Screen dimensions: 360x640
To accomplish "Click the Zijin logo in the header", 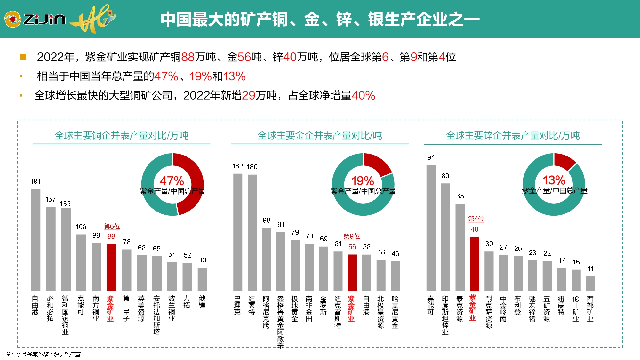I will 35,19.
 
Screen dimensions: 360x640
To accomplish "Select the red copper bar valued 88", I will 111,267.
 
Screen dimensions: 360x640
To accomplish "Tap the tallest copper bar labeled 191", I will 36,240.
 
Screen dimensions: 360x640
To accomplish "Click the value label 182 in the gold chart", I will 237,166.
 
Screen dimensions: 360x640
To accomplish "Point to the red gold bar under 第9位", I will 352,273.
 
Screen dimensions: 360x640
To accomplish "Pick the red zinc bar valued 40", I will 474,264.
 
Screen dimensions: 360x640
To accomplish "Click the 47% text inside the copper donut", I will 172,181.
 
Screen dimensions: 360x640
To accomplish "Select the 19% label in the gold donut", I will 363,181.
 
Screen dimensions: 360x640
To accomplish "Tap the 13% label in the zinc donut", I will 554,180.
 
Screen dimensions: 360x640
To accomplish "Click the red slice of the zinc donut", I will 564,161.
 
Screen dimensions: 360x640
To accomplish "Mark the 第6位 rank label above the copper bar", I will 112,227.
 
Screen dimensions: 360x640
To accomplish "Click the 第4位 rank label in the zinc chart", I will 476,219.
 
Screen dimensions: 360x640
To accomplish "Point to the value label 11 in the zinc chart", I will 590,269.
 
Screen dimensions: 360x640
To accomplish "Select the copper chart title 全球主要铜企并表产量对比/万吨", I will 121,136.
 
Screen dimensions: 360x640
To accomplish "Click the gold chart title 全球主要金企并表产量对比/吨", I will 320,136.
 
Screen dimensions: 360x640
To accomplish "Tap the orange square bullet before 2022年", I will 23,57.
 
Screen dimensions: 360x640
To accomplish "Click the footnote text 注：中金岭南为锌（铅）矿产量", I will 43,354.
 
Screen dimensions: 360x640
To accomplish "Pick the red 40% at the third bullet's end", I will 363,95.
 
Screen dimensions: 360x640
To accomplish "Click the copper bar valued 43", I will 202,279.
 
